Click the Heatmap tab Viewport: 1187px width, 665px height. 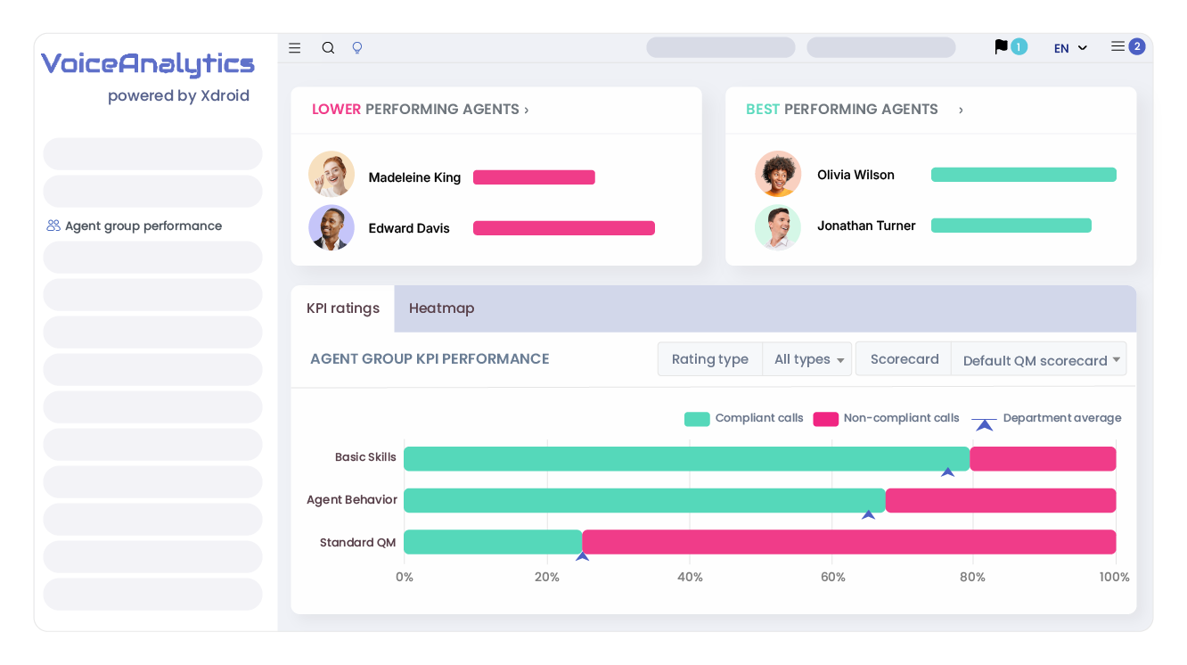pyautogui.click(x=441, y=308)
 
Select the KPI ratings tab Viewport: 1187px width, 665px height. pyautogui.click(x=343, y=308)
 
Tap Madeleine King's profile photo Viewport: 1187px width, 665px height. pyautogui.click(x=332, y=174)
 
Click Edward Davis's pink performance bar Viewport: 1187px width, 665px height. pyautogui.click(x=563, y=228)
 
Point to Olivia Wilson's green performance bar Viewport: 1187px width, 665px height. pyautogui.click(x=1023, y=175)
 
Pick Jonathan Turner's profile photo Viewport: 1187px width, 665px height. pyautogui.click(x=778, y=227)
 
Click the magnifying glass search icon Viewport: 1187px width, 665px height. pyautogui.click(x=328, y=48)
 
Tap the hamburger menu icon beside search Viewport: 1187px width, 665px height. pyautogui.click(x=295, y=48)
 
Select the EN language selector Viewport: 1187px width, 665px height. pyautogui.click(x=1070, y=48)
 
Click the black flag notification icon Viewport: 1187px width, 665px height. pyautogui.click(x=1002, y=46)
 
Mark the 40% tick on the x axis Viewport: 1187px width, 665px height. pyautogui.click(x=690, y=577)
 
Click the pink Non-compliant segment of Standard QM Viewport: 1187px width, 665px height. pyautogui.click(x=848, y=542)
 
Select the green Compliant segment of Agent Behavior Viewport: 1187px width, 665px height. pyautogui.click(x=644, y=500)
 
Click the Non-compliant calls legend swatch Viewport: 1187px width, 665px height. pyautogui.click(x=825, y=419)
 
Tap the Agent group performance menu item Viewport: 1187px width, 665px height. pyautogui.click(x=143, y=226)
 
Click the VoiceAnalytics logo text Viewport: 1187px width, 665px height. pyautogui.click(x=148, y=64)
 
